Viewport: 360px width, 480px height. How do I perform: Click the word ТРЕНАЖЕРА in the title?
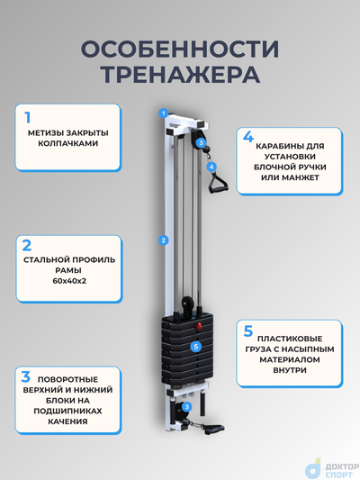(180, 74)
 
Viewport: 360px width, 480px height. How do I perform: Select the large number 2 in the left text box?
(28, 245)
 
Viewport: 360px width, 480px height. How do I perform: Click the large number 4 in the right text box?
(249, 137)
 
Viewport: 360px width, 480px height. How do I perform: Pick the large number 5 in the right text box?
(249, 331)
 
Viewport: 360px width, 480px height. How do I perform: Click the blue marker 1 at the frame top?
(163, 113)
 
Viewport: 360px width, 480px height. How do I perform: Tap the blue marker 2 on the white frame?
(163, 240)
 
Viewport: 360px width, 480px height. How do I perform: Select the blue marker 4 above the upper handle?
(211, 167)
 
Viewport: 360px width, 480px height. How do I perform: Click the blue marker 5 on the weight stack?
(195, 346)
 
